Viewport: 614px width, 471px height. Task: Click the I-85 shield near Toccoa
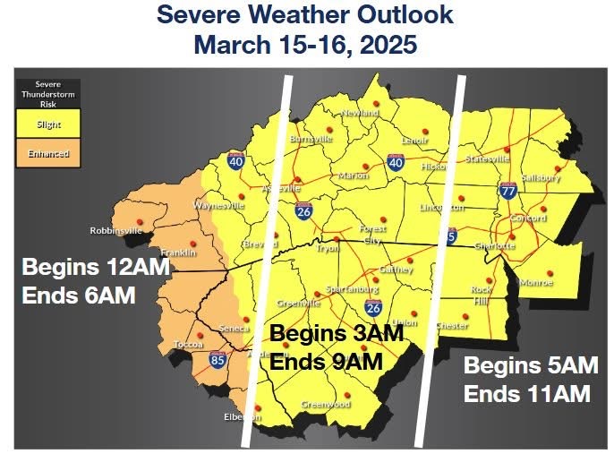pos(217,358)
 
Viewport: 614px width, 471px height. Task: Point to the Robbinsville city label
pos(115,231)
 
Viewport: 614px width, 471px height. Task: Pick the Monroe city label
pos(536,283)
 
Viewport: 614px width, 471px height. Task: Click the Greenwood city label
pos(326,405)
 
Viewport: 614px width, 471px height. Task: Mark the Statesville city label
pos(488,158)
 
